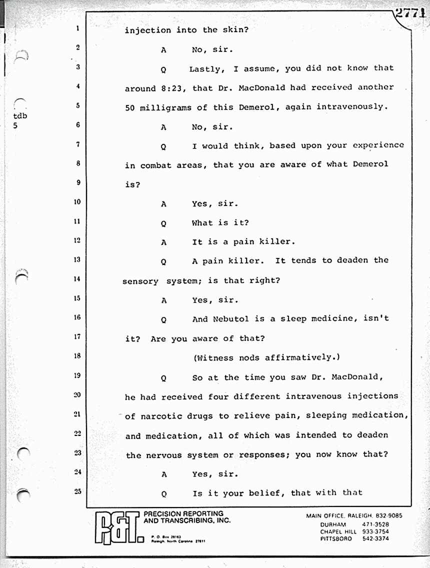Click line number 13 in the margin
coord(77,260)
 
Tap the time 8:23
coord(172,88)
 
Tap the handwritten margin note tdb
coord(20,116)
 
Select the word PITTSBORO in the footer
coord(337,538)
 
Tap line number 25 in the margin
coord(77,491)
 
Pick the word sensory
coord(140,281)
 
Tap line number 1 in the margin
coord(78,29)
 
